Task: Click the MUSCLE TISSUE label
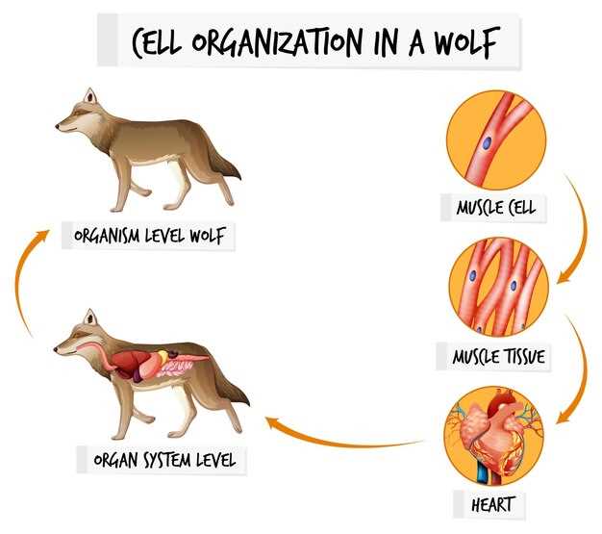point(499,357)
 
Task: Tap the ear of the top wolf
point(89,96)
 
